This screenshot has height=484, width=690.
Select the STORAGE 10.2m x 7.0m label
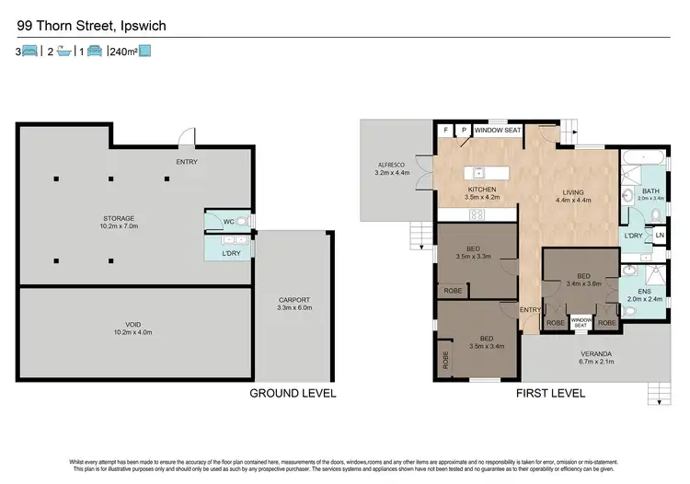(119, 223)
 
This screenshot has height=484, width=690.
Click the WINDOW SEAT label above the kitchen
(498, 131)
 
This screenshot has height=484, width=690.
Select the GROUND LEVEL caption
(293, 393)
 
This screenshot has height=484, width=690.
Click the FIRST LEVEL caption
(551, 393)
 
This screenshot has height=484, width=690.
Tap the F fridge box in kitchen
(446, 131)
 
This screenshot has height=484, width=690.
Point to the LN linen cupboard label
(660, 236)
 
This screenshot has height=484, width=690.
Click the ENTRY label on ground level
(187, 163)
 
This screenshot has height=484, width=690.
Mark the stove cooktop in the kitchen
(478, 215)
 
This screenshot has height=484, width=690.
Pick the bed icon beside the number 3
(29, 52)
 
